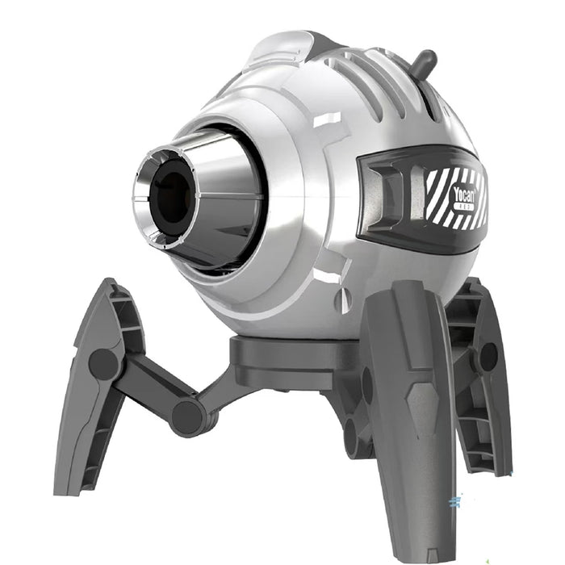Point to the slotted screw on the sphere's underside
coord(342,300)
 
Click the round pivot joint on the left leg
coord(103,364)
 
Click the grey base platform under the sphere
coord(291,355)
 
